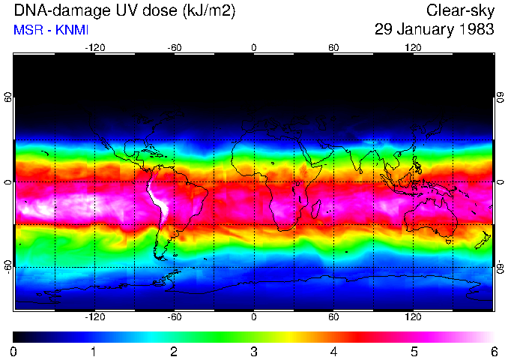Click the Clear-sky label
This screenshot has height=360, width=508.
click(x=460, y=10)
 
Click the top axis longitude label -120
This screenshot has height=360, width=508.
click(x=94, y=48)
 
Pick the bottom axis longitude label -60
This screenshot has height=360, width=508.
click(x=174, y=317)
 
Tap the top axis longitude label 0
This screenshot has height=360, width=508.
click(x=254, y=48)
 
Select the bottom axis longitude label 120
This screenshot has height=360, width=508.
click(x=413, y=317)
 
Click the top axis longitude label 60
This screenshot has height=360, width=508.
click(x=333, y=48)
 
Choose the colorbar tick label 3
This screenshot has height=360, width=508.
click(x=253, y=352)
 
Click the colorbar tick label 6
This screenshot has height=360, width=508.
click(x=493, y=352)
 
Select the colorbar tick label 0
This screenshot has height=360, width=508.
click(x=14, y=352)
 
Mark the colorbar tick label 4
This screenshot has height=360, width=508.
click(x=333, y=352)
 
